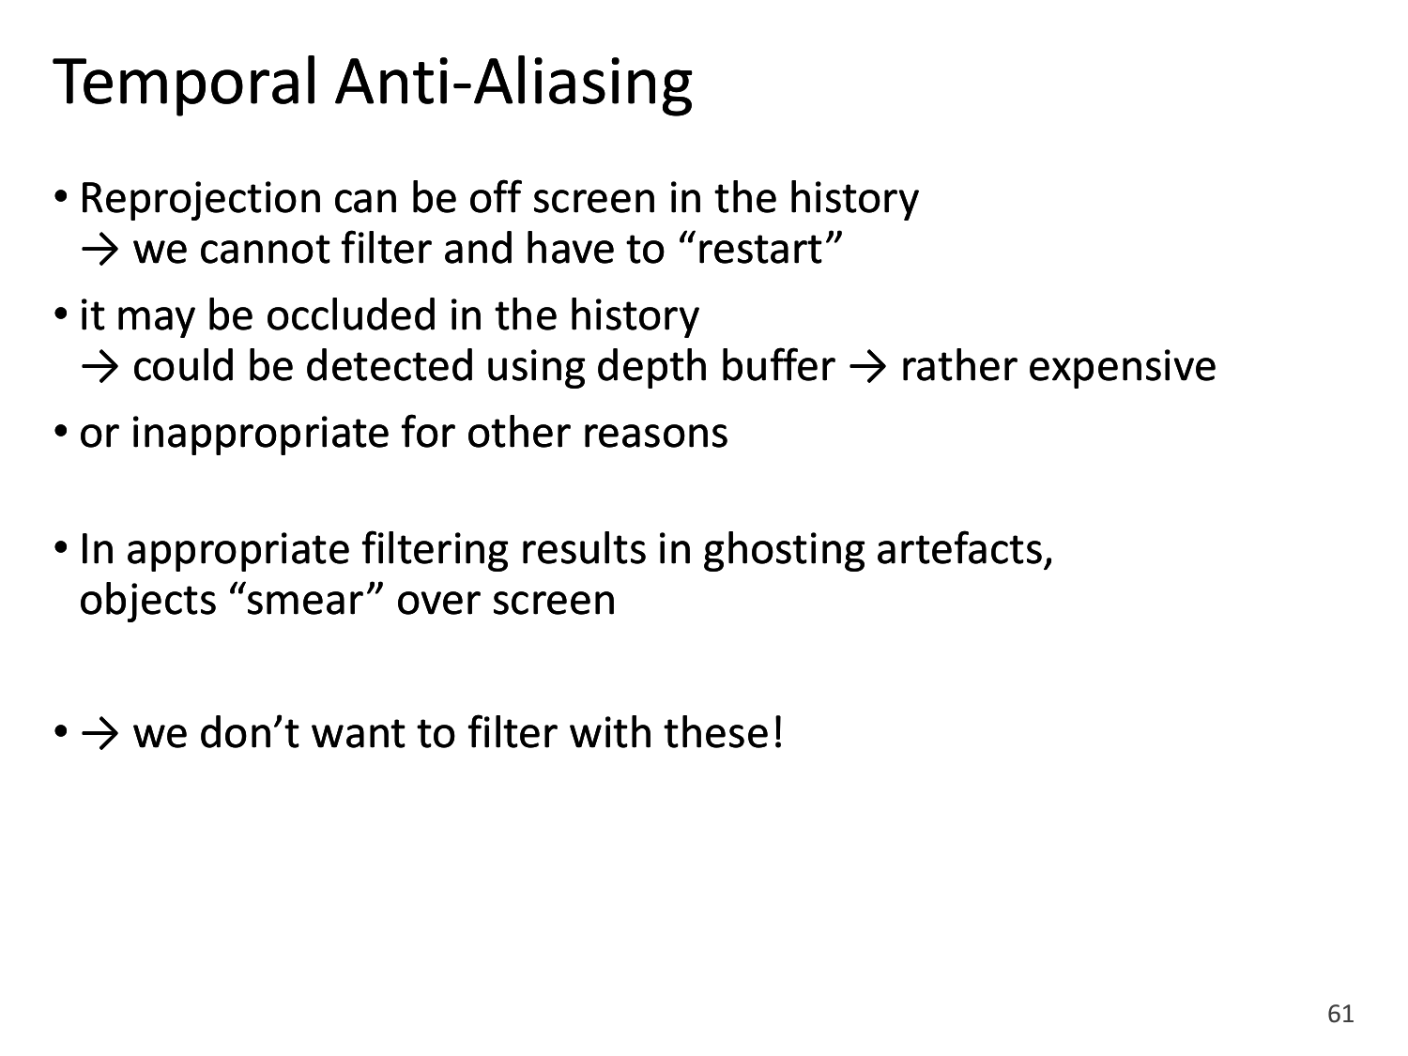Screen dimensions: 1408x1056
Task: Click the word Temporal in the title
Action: coord(185,83)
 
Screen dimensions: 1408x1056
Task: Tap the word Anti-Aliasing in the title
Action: coord(513,83)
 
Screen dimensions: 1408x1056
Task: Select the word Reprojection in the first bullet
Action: coord(200,199)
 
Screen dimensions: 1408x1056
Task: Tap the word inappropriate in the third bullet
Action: coord(260,434)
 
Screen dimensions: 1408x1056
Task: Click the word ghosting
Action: coord(783,551)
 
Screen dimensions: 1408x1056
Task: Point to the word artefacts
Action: coord(964,550)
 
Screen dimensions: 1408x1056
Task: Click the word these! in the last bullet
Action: coord(724,732)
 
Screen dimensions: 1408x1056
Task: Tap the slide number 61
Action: coord(1340,1014)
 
